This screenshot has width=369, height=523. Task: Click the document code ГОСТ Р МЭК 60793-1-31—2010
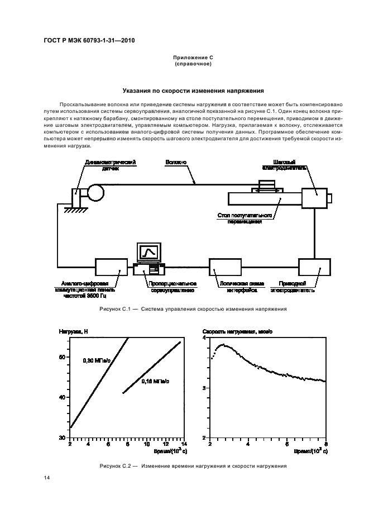coord(89,41)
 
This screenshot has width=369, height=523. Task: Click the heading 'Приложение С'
coord(193,58)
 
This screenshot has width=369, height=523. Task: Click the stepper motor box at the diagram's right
coord(315,198)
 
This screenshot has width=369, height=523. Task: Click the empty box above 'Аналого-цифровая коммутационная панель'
coord(111,268)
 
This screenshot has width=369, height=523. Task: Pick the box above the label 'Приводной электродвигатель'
coord(315,268)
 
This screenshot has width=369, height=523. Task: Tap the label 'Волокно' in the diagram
coord(176,162)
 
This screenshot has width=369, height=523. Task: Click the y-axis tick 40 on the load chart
coord(63,397)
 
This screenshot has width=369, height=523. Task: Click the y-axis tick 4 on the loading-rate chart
coord(205,338)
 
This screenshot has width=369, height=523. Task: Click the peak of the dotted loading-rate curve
coord(223,345)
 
